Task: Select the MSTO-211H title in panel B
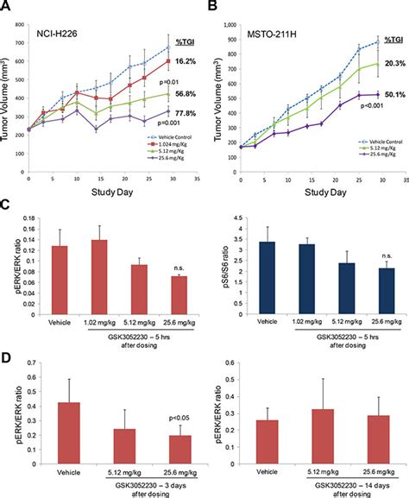[269, 35]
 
